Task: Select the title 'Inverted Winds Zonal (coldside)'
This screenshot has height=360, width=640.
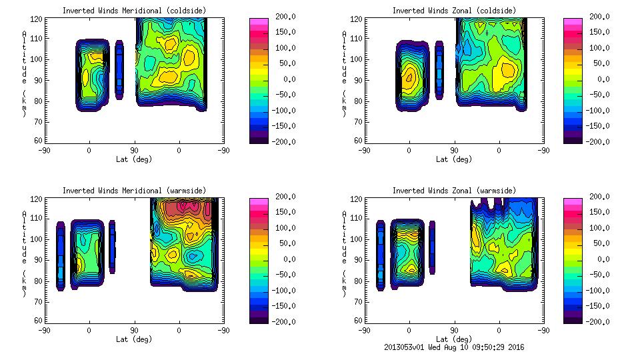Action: (x=453, y=10)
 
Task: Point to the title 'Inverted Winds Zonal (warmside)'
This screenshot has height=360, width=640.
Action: (x=453, y=190)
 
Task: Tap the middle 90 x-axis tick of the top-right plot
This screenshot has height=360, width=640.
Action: (x=455, y=151)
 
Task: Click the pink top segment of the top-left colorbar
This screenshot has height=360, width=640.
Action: (x=258, y=21)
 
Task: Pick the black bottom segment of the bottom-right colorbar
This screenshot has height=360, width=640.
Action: (x=571, y=318)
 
